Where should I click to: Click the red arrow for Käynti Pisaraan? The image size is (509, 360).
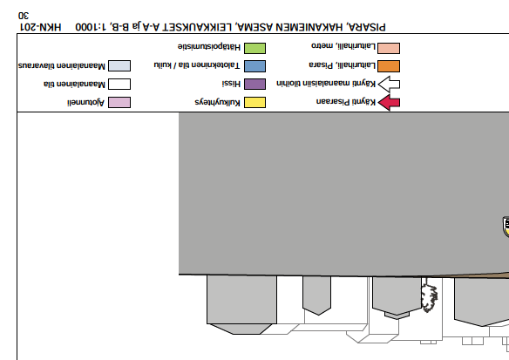click(389, 103)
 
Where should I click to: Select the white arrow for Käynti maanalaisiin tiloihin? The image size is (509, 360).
click(389, 85)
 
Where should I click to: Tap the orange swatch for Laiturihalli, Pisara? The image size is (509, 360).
click(389, 66)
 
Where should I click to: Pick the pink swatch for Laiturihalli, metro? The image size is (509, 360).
click(389, 48)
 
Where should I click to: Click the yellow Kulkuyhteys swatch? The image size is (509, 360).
click(254, 102)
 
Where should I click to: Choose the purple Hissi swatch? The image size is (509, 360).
click(254, 84)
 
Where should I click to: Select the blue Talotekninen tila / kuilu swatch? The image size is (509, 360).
click(254, 66)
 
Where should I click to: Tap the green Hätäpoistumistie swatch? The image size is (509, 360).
click(254, 48)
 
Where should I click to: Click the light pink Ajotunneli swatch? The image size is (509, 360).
click(119, 102)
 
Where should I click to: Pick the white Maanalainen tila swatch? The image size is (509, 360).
click(119, 84)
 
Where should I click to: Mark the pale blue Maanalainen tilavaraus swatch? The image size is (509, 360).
click(119, 65)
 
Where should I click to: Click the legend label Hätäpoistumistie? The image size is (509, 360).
click(209, 47)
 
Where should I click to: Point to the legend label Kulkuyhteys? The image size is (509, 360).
click(218, 102)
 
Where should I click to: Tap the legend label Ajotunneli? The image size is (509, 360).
click(85, 103)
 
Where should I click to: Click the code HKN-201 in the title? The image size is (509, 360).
click(41, 27)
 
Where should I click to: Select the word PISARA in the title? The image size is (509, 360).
click(366, 27)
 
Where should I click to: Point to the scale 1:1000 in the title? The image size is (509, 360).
click(91, 27)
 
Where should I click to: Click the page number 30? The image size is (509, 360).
click(24, 16)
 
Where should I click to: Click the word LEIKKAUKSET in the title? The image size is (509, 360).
click(197, 27)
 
